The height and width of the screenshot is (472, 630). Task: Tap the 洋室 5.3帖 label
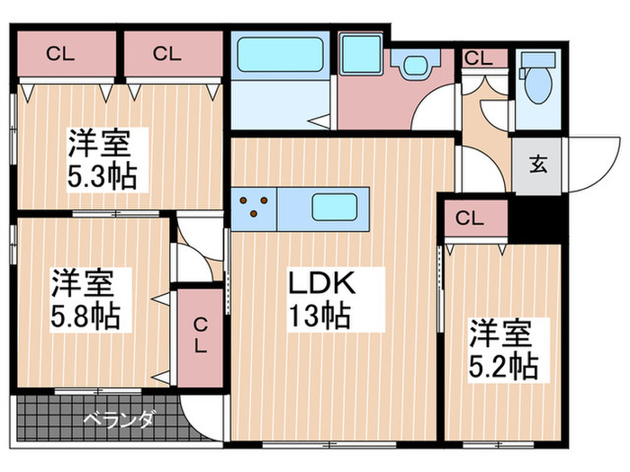pyautogui.click(x=102, y=158)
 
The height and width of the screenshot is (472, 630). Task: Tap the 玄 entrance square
pyautogui.click(x=538, y=165)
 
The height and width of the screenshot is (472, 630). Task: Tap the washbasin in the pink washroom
pyautogui.click(x=413, y=66)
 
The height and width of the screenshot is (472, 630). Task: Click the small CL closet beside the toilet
pyautogui.click(x=479, y=59)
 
